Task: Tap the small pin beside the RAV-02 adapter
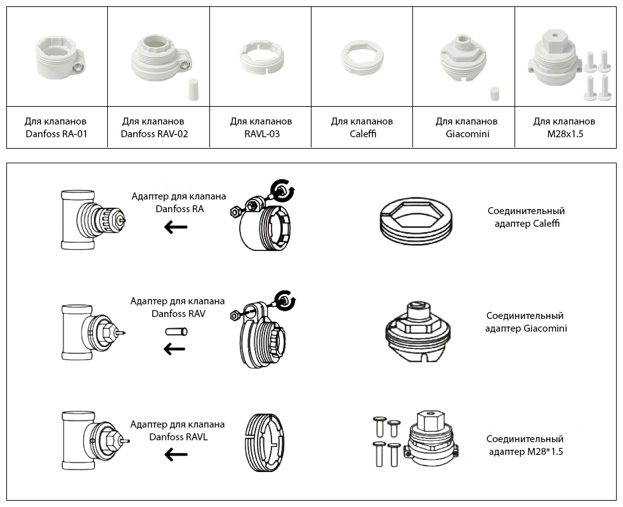(x=193, y=90)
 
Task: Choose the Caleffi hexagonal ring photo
(x=362, y=57)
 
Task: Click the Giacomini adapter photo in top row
(x=463, y=59)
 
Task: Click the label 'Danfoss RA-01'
(x=56, y=133)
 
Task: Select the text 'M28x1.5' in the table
(x=565, y=133)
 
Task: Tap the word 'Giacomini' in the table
(x=467, y=133)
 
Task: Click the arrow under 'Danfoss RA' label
(x=176, y=227)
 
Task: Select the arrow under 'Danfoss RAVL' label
(x=176, y=454)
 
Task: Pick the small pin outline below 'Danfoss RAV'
(x=176, y=332)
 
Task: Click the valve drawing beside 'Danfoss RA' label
(x=93, y=220)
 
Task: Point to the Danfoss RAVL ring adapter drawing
(x=264, y=442)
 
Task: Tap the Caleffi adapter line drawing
(x=416, y=221)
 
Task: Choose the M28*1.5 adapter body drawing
(x=431, y=438)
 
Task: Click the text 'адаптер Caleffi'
(x=527, y=224)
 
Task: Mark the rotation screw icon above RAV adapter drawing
(x=284, y=301)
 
